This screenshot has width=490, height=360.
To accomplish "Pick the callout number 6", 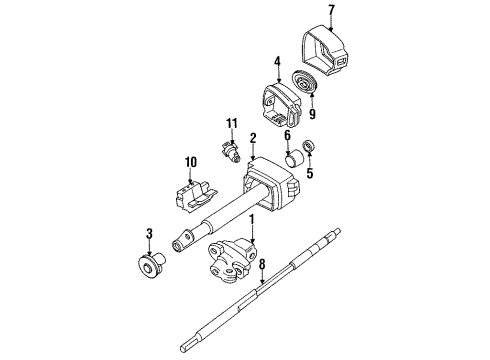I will [x=287, y=136].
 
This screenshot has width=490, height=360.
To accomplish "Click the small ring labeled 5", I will [x=309, y=148].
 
